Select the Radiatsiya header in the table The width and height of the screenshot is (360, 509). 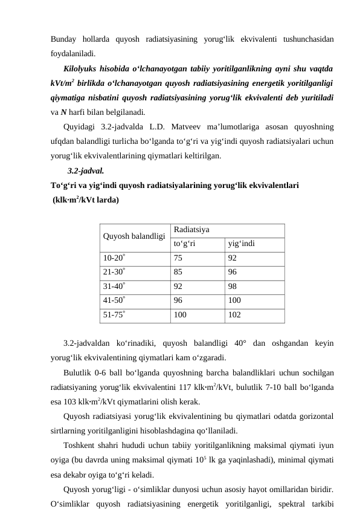[x=190, y=230]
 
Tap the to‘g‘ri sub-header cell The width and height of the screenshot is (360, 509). [x=184, y=244]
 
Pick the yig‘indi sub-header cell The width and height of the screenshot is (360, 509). [x=241, y=244]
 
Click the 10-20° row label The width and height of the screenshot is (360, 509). [x=115, y=258]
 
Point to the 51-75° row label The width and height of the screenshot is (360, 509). [x=115, y=315]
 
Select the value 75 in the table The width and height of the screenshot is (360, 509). [x=178, y=258]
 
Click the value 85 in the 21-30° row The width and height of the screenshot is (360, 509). [x=178, y=272]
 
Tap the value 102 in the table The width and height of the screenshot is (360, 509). [x=235, y=315]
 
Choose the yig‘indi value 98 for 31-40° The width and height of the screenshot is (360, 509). [x=233, y=287]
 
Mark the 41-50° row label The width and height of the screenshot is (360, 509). [x=115, y=300]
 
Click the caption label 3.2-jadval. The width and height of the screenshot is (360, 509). [x=85, y=170]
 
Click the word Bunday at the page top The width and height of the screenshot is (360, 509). [x=66, y=39]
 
